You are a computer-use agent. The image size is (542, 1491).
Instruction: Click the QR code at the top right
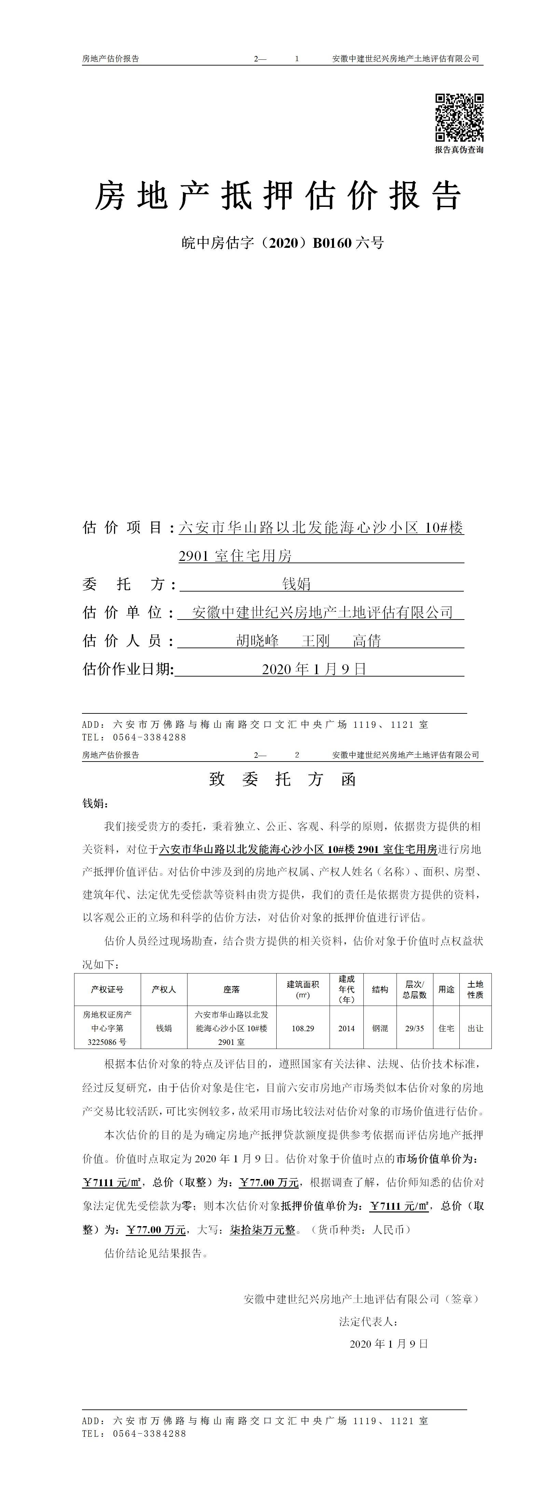coord(459,117)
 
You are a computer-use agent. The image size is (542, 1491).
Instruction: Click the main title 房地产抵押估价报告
coord(278,196)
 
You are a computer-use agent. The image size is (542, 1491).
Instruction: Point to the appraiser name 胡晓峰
coord(258,641)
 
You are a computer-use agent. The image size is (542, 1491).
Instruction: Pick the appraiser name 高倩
coord(367,641)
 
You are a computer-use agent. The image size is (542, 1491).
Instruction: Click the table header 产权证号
coord(107,989)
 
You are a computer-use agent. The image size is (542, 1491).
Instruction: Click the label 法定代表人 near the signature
coord(368,1321)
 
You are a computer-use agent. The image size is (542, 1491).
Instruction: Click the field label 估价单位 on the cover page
coord(122,612)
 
